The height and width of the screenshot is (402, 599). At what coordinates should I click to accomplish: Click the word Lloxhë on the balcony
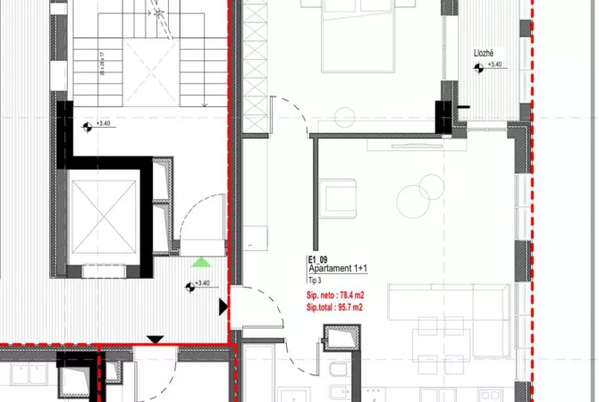pos(484,54)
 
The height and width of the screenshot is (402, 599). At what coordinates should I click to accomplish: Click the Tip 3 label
pos(315,279)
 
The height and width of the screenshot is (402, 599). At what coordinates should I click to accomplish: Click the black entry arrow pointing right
pos(223,307)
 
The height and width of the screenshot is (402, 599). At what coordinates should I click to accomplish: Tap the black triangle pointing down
pos(156,339)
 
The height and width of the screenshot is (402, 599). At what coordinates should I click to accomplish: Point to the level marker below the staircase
pos(87,127)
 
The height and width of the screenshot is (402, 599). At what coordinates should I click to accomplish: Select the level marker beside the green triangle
pos(190,286)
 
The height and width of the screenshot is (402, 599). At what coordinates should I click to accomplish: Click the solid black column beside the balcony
pos(444,113)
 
